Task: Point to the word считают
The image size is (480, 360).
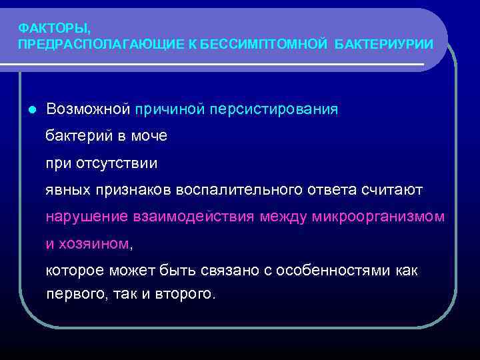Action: click(x=393, y=190)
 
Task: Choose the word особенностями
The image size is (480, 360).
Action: click(x=346, y=271)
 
